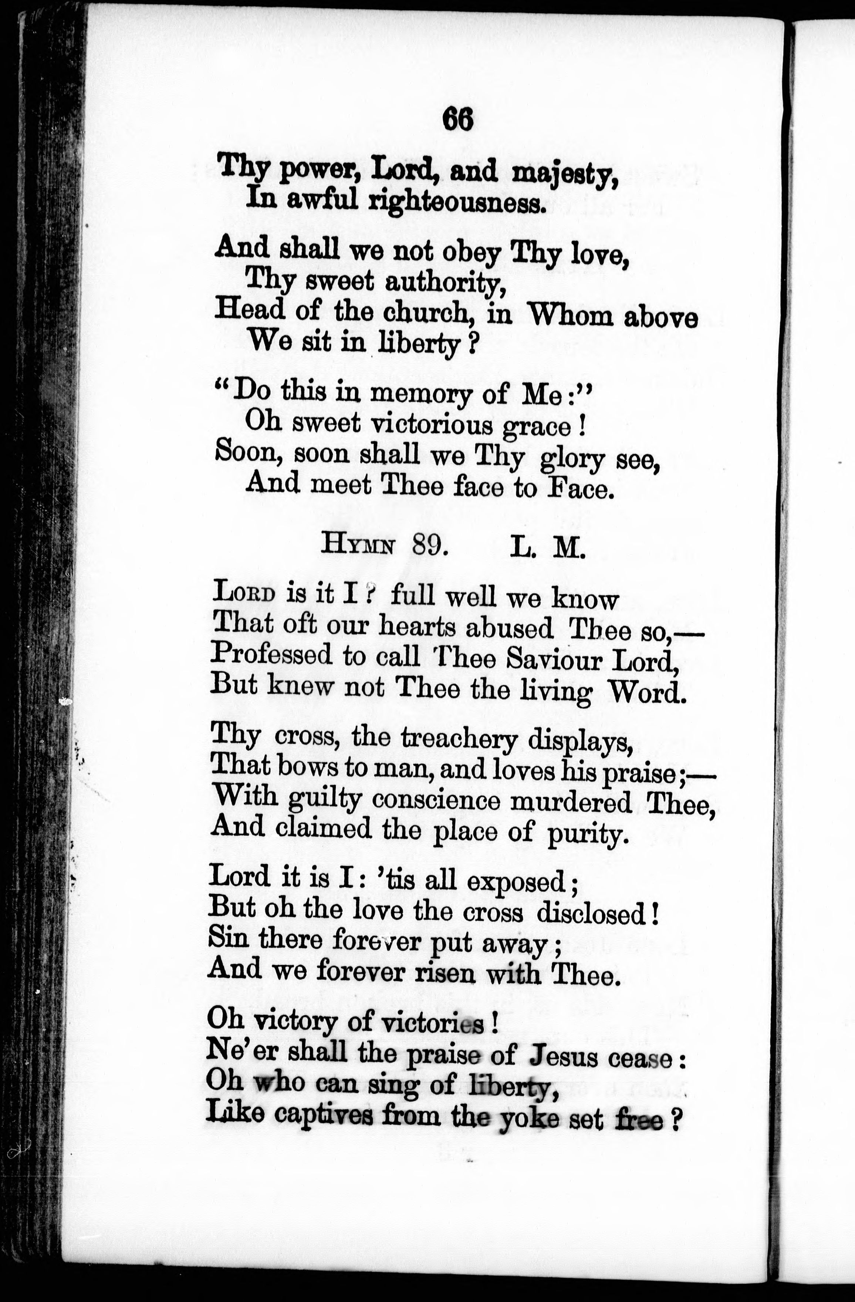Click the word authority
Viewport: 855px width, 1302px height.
[x=444, y=283]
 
